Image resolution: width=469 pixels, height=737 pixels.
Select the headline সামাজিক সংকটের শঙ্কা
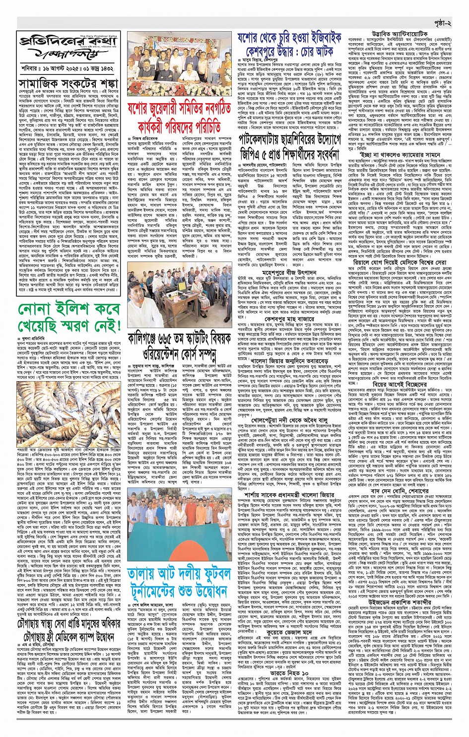pos(68,82)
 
